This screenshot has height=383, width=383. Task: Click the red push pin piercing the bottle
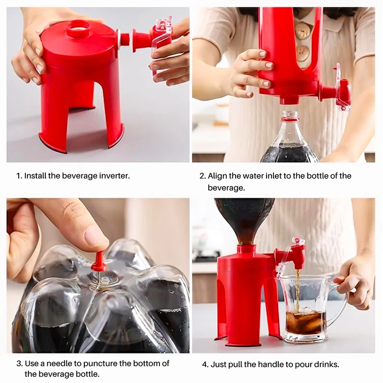click(x=99, y=260)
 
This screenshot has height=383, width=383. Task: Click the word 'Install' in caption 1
click(x=35, y=176)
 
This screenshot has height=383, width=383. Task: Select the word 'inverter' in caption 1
click(x=114, y=176)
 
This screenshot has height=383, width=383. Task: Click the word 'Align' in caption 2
click(x=218, y=176)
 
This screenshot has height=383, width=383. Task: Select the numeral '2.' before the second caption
click(x=203, y=176)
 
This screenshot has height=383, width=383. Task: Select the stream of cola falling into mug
click(x=297, y=287)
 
